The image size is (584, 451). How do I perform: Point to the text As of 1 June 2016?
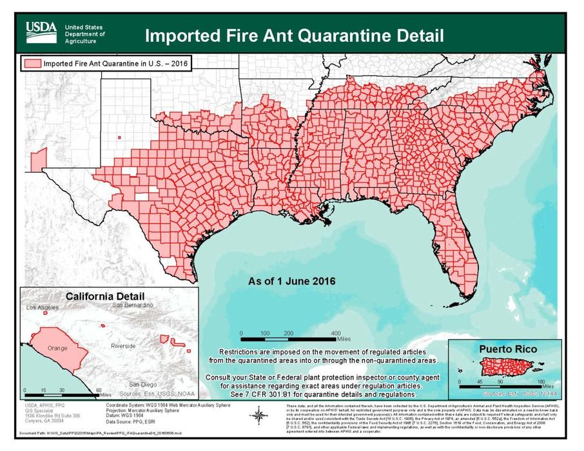(292, 282)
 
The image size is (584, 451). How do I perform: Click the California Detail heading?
(108, 296)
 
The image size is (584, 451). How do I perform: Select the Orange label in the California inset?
(57, 349)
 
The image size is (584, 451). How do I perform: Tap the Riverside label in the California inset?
(123, 346)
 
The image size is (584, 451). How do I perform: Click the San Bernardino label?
(132, 304)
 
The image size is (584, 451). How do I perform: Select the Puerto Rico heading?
(507, 349)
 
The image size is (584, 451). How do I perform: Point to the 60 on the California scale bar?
(99, 390)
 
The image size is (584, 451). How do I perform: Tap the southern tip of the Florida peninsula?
(462, 298)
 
